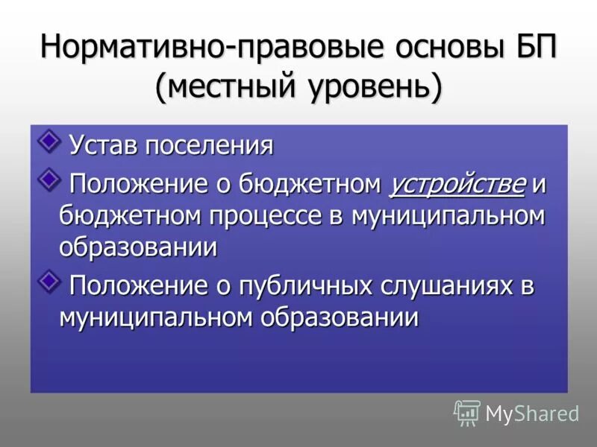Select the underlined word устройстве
(x=457, y=184)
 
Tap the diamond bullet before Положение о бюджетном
(x=50, y=177)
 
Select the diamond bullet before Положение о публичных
(x=50, y=280)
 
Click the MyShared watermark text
(x=533, y=413)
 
